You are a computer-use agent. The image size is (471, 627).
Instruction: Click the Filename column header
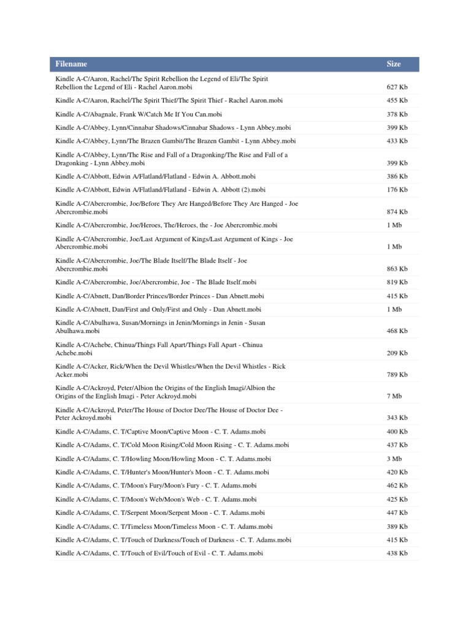[71, 64]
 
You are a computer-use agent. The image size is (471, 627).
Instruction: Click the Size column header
[394, 64]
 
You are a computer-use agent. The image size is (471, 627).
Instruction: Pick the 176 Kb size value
[397, 190]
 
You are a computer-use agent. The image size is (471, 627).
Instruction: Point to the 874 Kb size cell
[397, 212]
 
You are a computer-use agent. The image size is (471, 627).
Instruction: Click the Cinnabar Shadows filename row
[173, 127]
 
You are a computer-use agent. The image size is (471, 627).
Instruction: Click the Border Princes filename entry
[158, 296]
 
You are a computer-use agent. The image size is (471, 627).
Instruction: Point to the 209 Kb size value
[397, 353]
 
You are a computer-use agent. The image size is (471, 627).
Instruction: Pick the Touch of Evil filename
[159, 553]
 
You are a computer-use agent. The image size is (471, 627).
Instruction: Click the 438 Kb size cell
[397, 553]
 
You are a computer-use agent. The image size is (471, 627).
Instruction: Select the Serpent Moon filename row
[160, 512]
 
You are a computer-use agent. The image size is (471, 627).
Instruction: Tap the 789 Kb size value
[397, 375]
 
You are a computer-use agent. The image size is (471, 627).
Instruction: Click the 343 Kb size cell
[397, 418]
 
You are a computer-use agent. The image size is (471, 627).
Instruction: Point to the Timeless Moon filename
[164, 526]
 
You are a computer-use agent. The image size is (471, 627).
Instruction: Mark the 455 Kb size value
[397, 100]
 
